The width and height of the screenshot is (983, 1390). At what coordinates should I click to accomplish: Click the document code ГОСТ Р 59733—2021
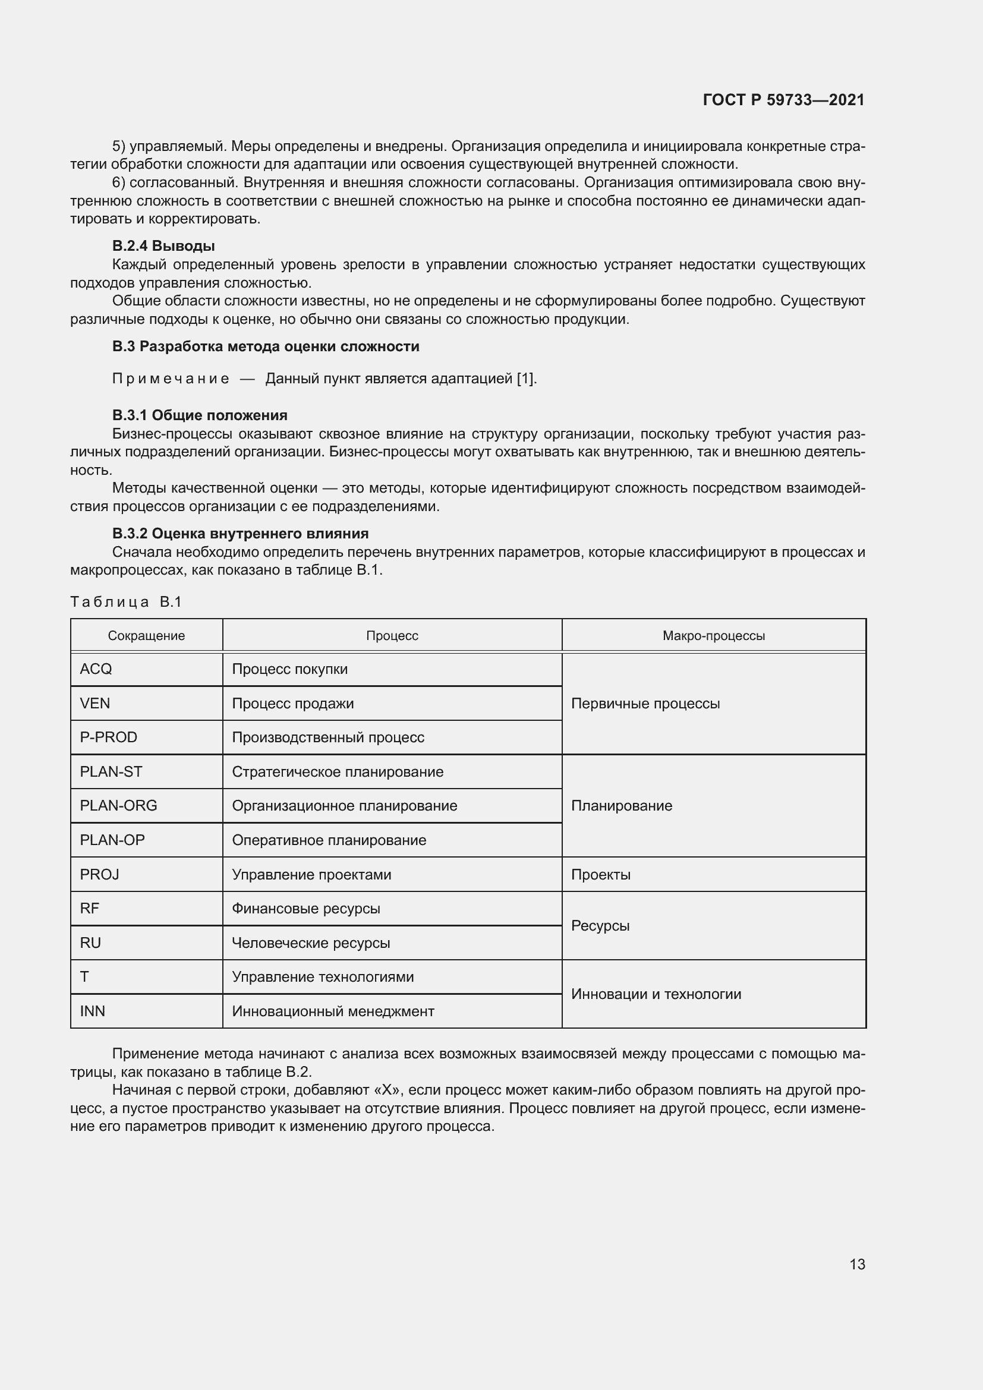783,100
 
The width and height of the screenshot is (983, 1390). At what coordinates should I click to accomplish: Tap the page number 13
857,1264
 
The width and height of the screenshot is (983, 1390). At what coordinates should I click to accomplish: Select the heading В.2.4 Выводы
163,246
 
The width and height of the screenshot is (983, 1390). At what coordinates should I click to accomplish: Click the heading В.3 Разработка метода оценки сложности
265,346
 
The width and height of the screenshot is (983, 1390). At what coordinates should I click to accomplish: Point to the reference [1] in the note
525,379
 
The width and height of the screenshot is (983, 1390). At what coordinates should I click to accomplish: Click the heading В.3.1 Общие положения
200,415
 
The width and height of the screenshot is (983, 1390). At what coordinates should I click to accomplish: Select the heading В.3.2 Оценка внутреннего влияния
240,533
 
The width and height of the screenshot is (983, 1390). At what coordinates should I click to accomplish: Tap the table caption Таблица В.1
126,602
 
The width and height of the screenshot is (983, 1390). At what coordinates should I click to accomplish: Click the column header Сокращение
146,636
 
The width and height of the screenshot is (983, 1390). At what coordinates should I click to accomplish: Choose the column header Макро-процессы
714,636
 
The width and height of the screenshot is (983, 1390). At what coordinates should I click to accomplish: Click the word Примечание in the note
171,379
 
